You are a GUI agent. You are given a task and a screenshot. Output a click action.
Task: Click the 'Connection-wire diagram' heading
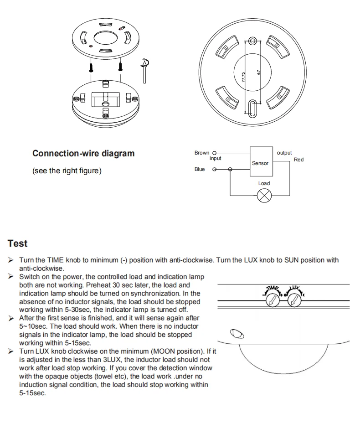click(83, 154)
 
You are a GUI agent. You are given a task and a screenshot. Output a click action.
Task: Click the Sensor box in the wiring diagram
click(260, 163)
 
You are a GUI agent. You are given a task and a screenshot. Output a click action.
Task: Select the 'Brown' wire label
click(201, 153)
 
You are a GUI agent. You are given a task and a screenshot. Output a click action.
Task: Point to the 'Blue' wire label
click(200, 170)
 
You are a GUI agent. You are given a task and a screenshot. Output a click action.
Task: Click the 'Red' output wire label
click(298, 160)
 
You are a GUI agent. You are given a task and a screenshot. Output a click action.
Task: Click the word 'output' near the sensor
click(284, 153)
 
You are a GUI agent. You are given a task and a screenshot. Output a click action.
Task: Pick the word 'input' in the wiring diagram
click(215, 159)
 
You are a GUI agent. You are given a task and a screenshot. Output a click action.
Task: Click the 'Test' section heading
click(17, 243)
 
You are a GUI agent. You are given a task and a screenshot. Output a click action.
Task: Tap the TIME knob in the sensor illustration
click(273, 300)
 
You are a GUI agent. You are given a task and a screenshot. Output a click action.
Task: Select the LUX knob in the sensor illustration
click(294, 300)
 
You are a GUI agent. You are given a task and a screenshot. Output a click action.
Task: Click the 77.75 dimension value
click(244, 77)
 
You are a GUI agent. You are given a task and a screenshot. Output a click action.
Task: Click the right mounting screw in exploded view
click(121, 66)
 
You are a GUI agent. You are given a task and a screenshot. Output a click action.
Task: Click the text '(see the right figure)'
click(67, 171)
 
